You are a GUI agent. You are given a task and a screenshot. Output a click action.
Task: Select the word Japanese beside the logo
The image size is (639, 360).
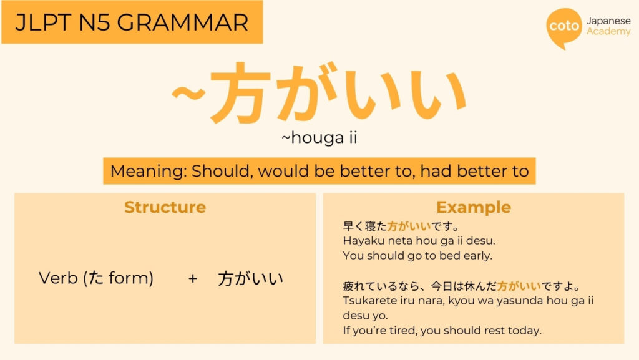[x=608, y=21]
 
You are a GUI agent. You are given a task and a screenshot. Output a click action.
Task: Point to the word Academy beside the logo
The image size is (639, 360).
[x=608, y=32]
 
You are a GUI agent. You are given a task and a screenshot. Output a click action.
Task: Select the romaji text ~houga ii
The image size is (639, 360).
[x=319, y=138]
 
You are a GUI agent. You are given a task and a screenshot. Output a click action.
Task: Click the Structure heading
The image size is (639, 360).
[x=165, y=207]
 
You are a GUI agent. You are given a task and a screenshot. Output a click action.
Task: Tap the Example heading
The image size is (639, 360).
[x=473, y=207]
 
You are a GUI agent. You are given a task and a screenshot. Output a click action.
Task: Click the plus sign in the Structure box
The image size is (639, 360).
[x=192, y=278]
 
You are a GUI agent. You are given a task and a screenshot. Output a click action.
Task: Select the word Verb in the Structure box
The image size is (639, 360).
[x=57, y=278]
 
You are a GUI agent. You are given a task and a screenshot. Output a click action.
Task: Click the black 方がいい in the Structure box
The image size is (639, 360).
[x=250, y=279]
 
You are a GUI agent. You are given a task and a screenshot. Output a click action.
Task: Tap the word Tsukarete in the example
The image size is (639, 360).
[x=368, y=300]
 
